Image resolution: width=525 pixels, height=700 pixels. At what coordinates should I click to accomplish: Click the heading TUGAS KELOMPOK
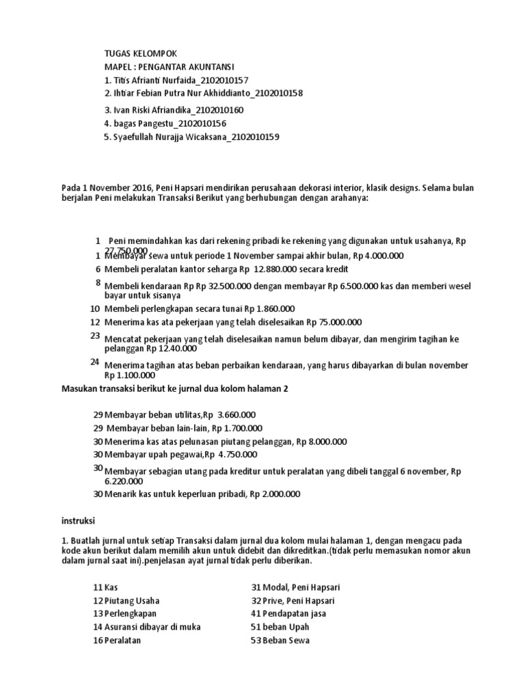coord(140,53)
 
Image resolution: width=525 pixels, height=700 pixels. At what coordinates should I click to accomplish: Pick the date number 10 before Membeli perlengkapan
coord(95,309)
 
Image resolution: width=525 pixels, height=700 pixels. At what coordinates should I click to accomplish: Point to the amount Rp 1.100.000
coord(130,375)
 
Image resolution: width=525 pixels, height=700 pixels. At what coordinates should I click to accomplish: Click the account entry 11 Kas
coord(105,587)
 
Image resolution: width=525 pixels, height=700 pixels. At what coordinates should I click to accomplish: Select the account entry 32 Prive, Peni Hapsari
coord(293,600)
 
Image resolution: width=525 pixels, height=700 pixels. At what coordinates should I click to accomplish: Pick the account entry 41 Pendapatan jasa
coord(288,613)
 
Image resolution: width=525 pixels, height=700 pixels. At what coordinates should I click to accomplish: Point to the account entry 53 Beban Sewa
coord(280,640)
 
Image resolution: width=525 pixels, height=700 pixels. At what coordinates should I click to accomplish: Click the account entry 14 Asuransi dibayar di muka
coord(146,627)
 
